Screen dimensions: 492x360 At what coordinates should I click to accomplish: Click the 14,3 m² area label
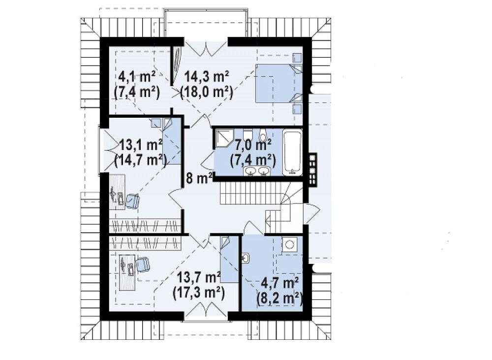(207, 76)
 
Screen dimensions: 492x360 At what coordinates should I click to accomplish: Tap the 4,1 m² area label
(137, 76)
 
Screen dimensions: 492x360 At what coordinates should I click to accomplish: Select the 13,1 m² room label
(140, 145)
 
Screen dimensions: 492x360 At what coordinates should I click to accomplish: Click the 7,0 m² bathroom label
(253, 145)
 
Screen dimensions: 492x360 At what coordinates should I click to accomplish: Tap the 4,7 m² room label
(279, 283)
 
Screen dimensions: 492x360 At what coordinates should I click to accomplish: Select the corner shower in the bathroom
(223, 138)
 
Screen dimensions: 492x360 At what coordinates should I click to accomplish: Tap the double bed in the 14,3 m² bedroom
(278, 84)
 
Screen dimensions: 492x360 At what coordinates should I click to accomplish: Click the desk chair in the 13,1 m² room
(133, 201)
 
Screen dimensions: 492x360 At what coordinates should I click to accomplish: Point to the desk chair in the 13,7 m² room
(143, 264)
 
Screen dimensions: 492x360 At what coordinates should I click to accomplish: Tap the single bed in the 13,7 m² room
(229, 260)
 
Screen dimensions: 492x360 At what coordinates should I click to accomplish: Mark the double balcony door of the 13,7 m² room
(206, 308)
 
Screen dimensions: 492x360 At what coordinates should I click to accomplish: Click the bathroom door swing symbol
(207, 161)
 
